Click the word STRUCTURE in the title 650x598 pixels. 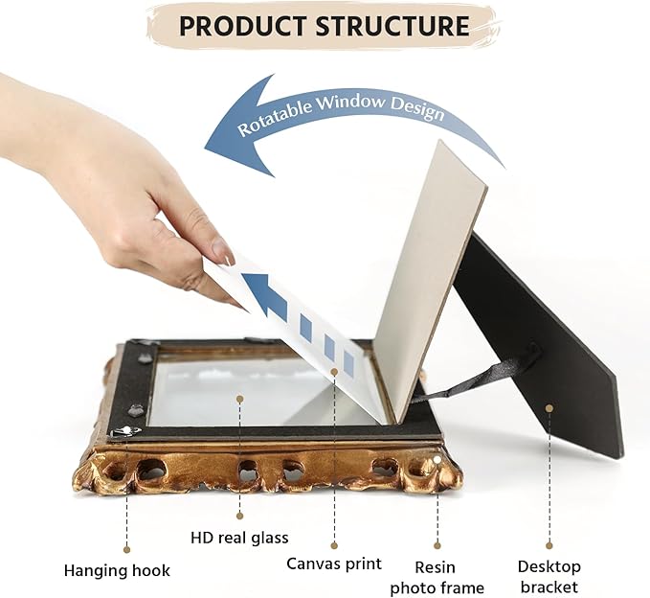tap(392, 26)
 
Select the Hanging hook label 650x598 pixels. tap(117, 570)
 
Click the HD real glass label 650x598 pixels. tap(239, 538)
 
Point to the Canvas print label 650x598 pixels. tap(334, 563)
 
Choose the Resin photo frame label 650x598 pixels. tap(437, 577)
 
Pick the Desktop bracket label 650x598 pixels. tap(549, 576)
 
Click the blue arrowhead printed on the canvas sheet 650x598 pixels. tap(265, 294)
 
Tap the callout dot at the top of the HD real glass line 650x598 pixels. tap(239, 399)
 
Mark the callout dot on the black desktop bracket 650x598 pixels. tap(549, 408)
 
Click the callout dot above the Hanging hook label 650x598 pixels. tap(127, 550)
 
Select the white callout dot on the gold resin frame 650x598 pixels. tap(437, 459)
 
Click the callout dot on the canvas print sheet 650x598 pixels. tap(334, 371)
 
